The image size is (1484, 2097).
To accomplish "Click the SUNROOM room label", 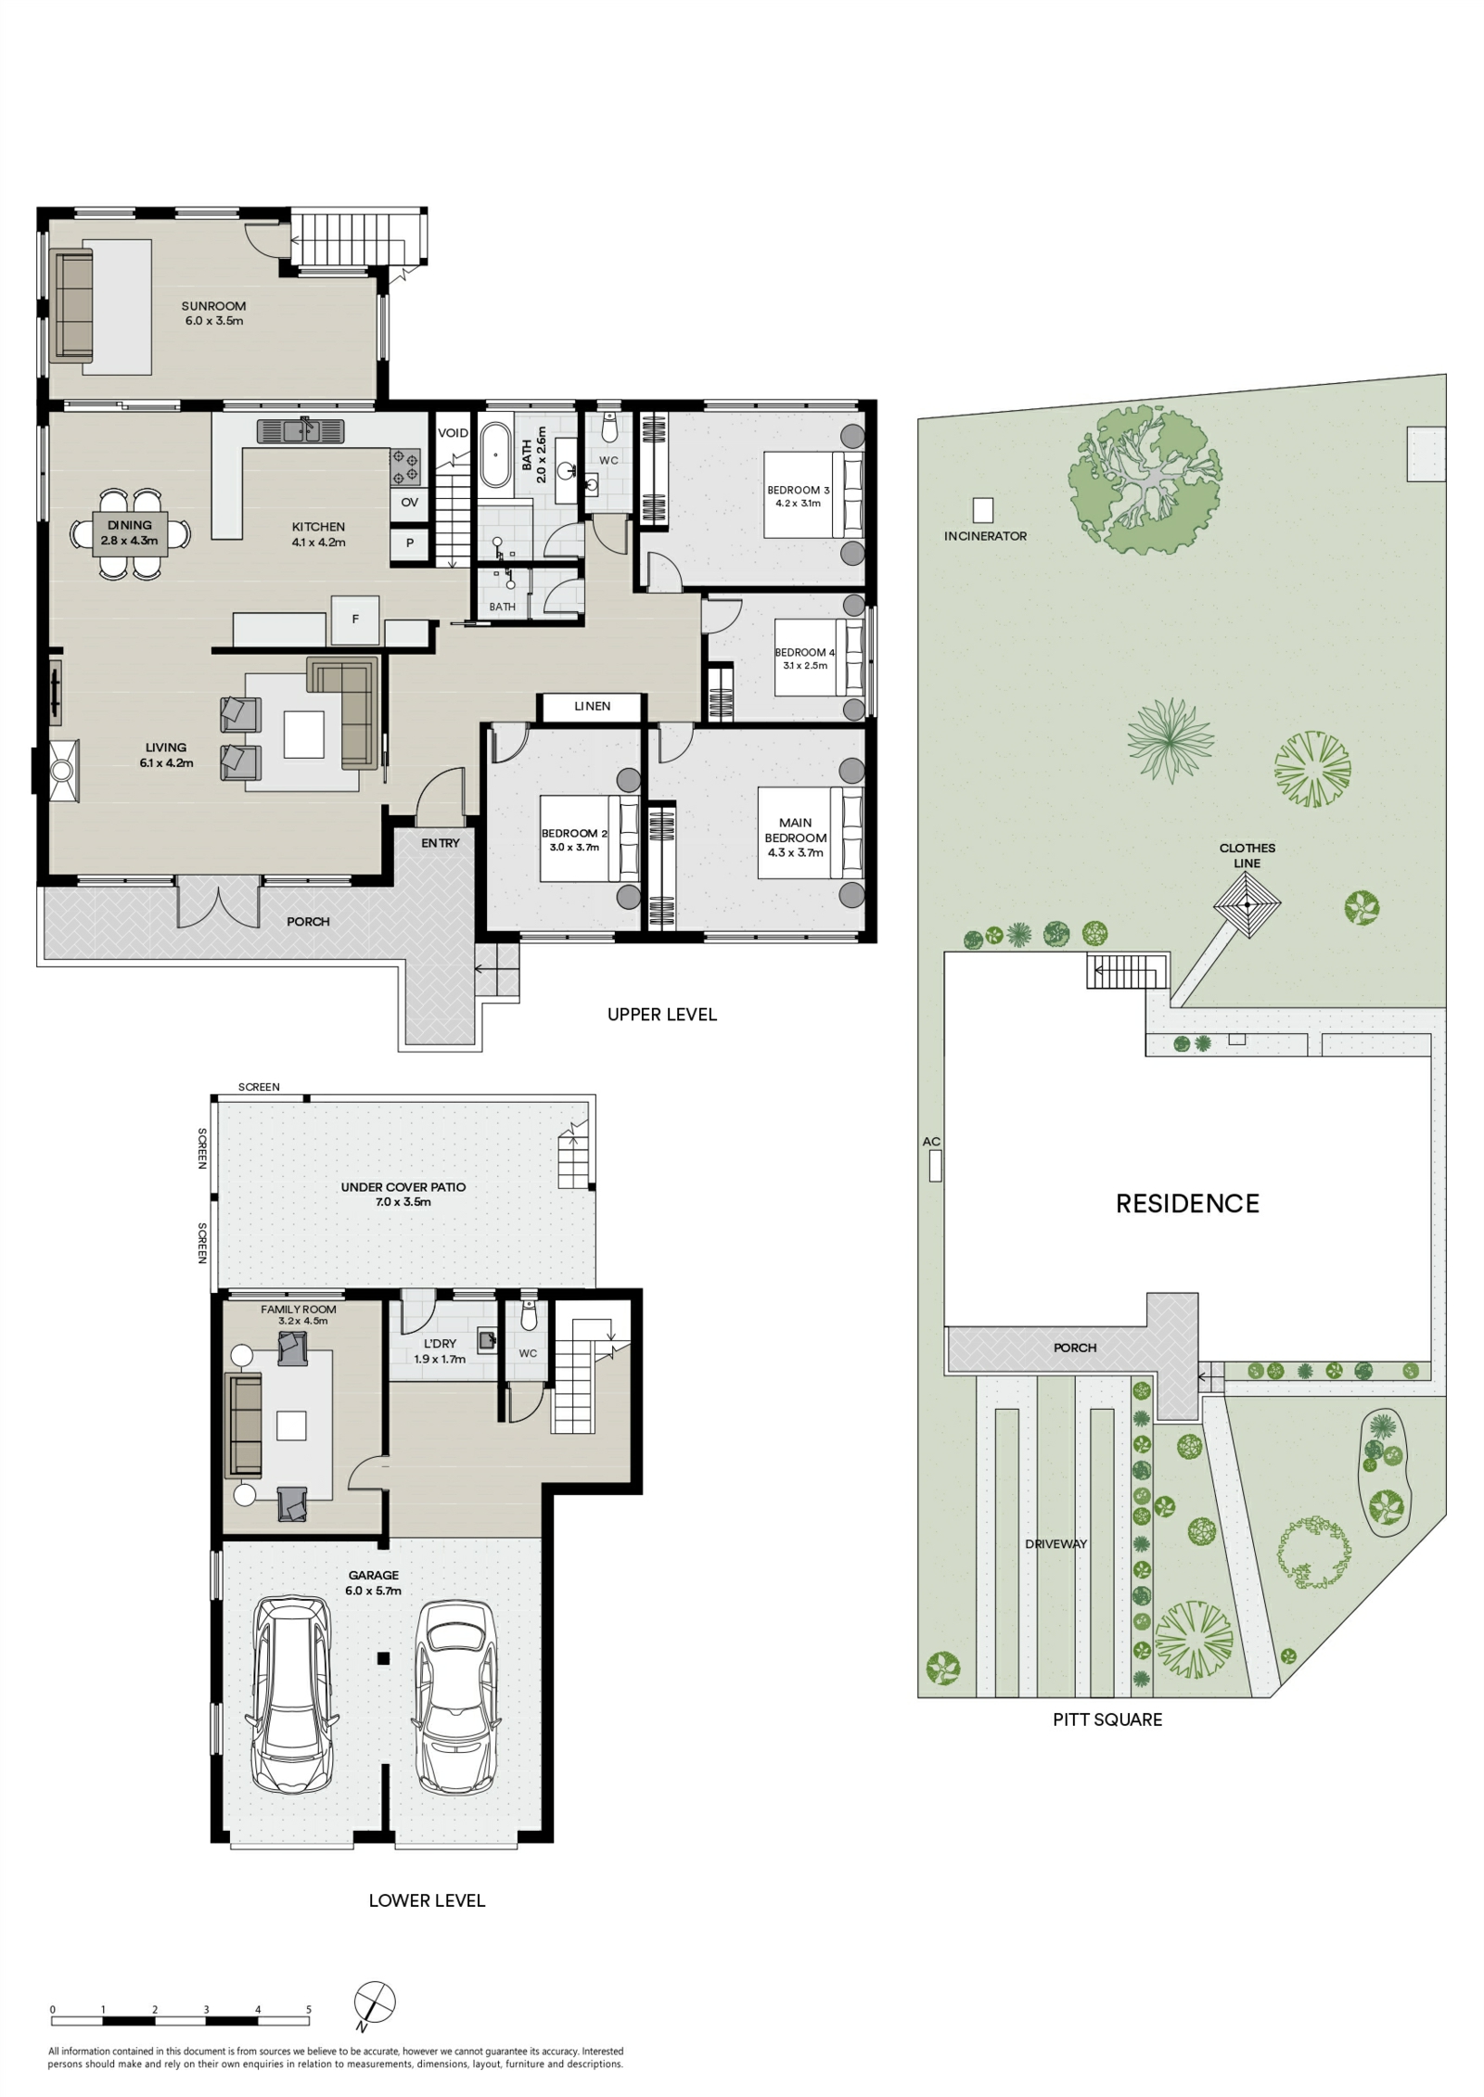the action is pyautogui.click(x=213, y=306).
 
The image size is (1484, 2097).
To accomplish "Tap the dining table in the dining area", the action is pyautogui.click(x=130, y=533).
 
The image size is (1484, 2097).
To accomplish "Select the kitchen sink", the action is pyautogui.click(x=301, y=431).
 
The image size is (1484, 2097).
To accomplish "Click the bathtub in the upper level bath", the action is pyautogui.click(x=493, y=455).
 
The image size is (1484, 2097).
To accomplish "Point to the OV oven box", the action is pyautogui.click(x=410, y=503).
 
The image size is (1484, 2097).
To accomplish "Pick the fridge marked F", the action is pyautogui.click(x=355, y=620).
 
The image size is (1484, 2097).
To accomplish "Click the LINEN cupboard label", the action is pyautogui.click(x=592, y=707).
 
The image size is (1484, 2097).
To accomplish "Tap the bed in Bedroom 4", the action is pyautogui.click(x=819, y=659).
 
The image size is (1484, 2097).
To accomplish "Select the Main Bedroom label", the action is pyautogui.click(x=796, y=838).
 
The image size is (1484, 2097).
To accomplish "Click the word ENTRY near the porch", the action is pyautogui.click(x=441, y=843).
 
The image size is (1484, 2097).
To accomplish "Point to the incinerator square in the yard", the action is pyautogui.click(x=982, y=510).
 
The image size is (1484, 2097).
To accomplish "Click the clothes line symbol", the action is pyautogui.click(x=1247, y=904).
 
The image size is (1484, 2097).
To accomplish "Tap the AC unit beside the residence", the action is pyautogui.click(x=935, y=1166).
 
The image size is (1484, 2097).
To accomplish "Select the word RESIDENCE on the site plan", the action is pyautogui.click(x=1187, y=1204).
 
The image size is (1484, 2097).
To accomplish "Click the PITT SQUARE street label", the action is pyautogui.click(x=1107, y=1720).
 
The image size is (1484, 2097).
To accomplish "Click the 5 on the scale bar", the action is pyautogui.click(x=309, y=2010).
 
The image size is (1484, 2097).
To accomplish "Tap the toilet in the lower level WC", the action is pyautogui.click(x=529, y=1316).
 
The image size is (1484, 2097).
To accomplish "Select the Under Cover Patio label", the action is pyautogui.click(x=403, y=1195).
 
